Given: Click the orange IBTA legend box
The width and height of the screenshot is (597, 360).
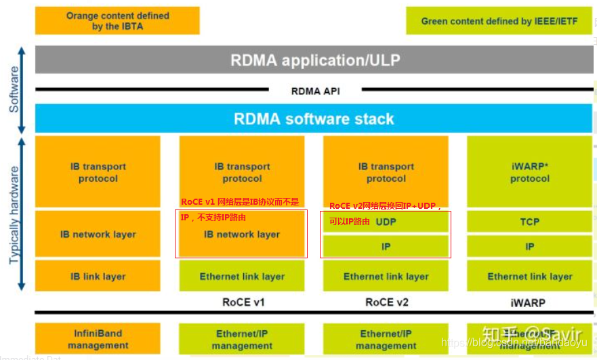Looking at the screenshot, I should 117,20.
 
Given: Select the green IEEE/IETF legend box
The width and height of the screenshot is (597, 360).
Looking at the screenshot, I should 499,20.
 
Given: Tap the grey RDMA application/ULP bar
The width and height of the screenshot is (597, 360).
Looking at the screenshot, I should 315,60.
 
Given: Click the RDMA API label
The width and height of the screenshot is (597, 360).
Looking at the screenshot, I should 315,91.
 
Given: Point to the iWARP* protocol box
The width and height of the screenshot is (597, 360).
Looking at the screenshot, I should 530,172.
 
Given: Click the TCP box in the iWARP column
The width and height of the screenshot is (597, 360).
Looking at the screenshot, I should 530,222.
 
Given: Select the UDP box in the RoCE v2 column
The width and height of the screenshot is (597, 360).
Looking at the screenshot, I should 386,222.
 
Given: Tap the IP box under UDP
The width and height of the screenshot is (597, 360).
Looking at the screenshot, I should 386,247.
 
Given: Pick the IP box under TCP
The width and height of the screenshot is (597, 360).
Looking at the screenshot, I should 530,247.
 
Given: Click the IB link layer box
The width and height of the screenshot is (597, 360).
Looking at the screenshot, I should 98,276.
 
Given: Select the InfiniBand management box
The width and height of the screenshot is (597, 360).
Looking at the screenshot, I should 98,339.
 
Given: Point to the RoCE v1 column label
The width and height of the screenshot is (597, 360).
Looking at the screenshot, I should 243,302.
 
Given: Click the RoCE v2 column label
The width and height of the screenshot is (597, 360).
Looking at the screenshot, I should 387,302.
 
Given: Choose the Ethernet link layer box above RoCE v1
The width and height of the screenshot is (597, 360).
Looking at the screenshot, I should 242,276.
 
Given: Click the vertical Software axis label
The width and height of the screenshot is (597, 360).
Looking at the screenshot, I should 14,89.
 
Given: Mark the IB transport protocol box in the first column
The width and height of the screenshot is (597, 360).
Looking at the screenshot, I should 98,172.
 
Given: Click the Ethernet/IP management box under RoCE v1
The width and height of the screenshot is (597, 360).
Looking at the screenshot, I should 242,339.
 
